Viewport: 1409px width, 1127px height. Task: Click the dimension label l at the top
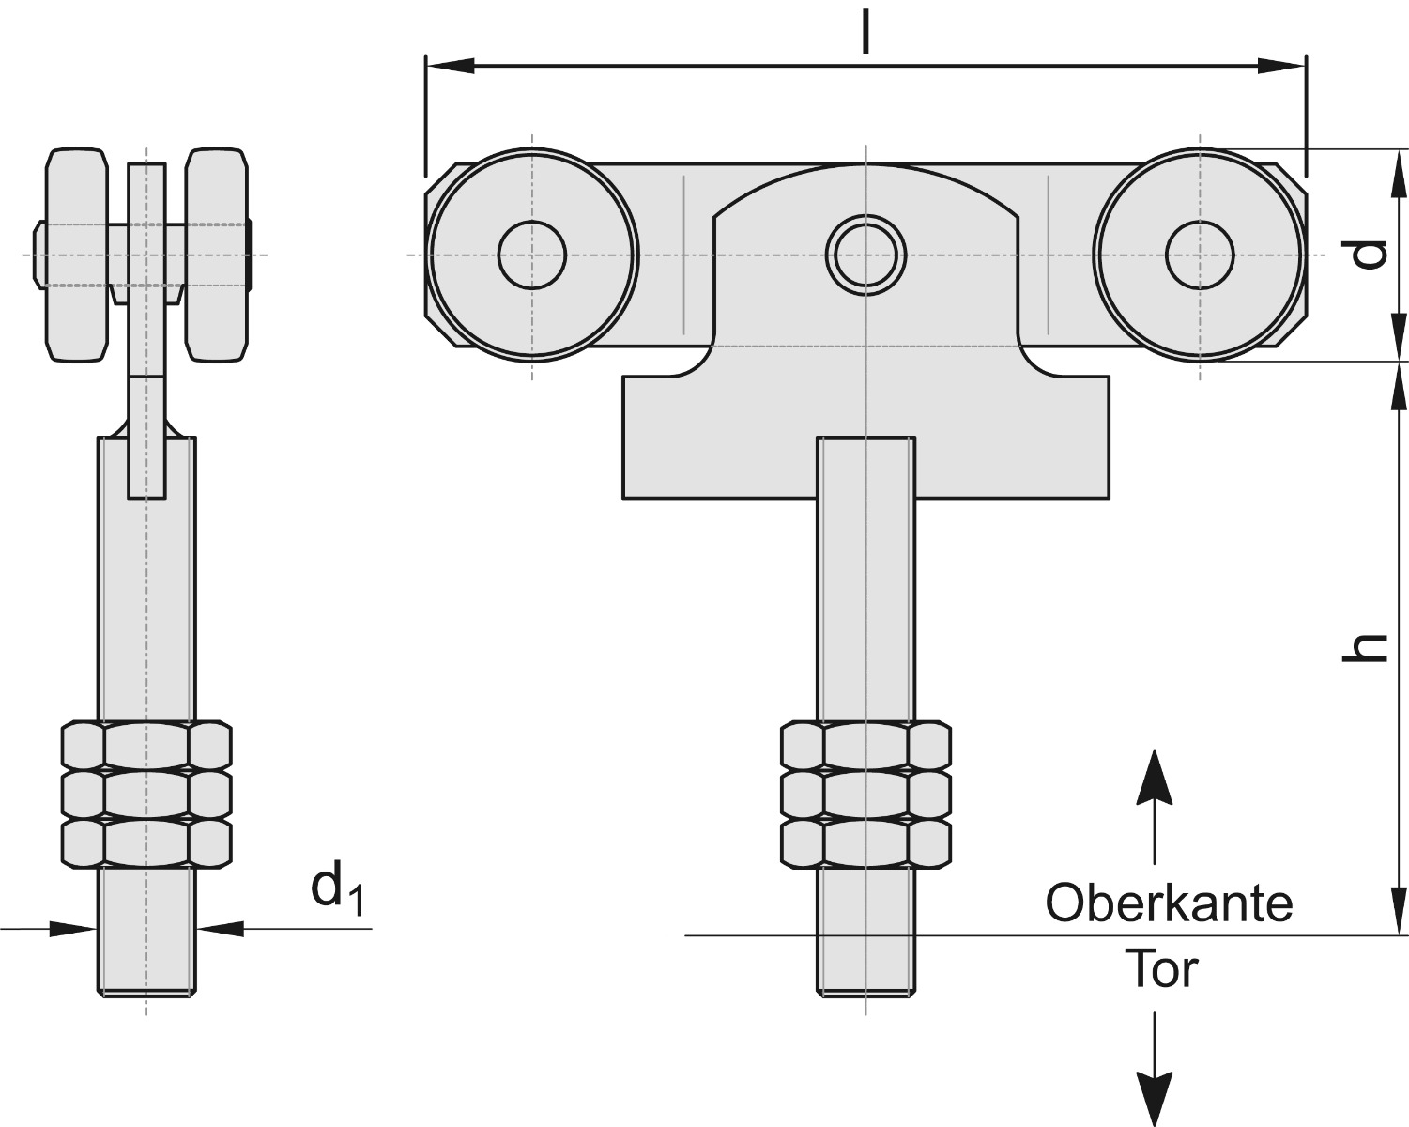865,30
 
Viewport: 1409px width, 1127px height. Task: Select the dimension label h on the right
1364,647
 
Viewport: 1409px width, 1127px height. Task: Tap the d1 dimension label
336,888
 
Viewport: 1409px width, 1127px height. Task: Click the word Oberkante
1169,903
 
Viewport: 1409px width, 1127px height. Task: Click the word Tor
1162,969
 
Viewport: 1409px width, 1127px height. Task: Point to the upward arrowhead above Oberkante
1155,779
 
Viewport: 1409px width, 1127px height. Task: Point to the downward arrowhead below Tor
1155,1095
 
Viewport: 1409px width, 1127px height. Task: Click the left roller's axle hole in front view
532,255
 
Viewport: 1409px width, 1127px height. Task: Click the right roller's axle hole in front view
1200,255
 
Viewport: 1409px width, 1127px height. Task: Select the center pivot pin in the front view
865,255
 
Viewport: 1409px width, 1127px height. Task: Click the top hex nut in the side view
146,745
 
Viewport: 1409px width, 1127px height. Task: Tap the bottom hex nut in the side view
146,842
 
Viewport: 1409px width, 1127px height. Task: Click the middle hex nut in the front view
865,794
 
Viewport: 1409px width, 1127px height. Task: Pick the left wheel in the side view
76,255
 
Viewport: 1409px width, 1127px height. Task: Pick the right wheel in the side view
217,255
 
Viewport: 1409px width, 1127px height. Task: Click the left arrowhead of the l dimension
449,66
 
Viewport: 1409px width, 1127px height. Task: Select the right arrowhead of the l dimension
1282,66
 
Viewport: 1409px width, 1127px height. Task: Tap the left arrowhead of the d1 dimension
73,928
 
